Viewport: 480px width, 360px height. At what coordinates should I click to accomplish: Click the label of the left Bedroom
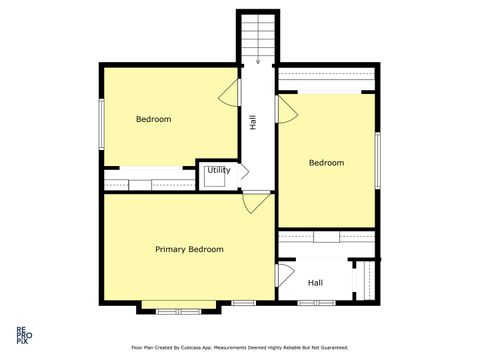153,119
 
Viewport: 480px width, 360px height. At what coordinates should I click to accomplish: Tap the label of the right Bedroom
326,163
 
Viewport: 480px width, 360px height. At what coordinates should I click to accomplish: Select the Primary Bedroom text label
189,249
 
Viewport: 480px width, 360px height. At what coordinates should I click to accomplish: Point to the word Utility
219,170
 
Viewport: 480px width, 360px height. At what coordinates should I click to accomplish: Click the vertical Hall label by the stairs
254,122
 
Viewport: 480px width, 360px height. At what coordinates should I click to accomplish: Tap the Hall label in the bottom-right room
315,283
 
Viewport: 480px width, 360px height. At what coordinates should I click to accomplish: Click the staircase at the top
257,40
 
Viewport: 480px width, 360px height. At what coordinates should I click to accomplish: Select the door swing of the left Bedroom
231,92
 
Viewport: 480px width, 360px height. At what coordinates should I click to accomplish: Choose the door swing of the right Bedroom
286,107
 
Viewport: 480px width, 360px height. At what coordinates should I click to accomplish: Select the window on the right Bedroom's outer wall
377,159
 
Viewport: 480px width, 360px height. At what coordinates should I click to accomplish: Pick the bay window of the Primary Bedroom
179,305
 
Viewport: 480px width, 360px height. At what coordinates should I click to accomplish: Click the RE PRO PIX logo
20,335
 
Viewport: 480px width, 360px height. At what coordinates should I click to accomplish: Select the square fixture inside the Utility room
213,177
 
